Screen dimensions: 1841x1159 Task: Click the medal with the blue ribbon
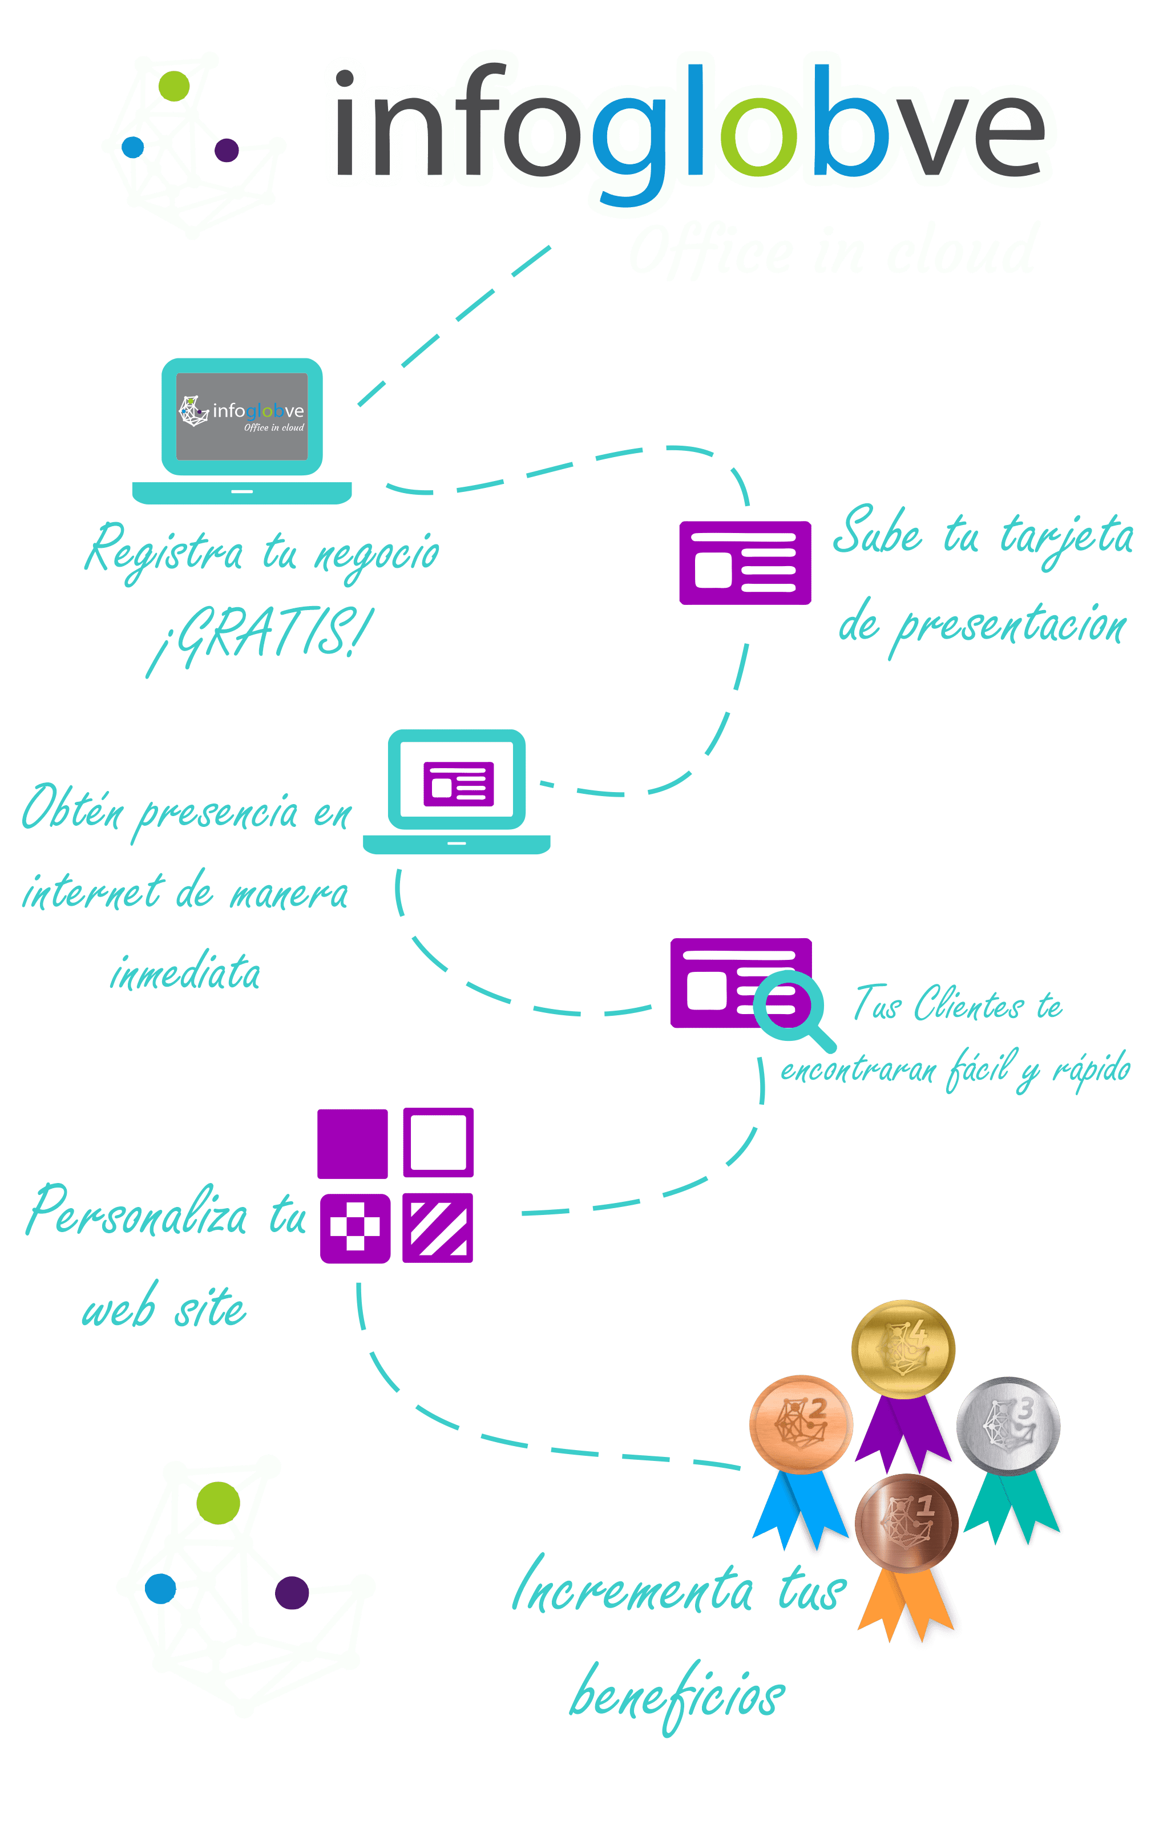click(x=801, y=1424)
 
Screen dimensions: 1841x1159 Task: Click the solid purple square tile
click(x=353, y=1143)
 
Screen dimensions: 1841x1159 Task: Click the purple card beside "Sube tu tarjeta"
click(x=745, y=563)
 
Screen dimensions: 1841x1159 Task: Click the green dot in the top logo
click(x=173, y=86)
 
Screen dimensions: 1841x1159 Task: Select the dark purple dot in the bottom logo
click(x=291, y=1593)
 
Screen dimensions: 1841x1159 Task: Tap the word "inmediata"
click(x=185, y=972)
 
